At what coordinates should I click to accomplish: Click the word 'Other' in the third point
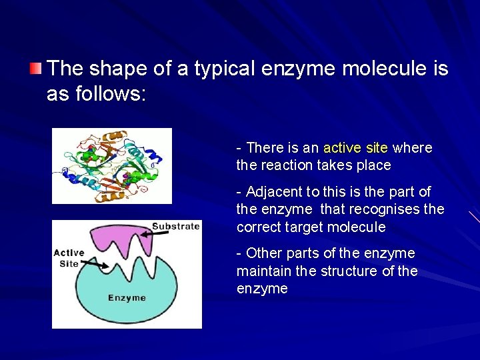[x=264, y=253]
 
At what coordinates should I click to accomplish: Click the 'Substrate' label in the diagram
[x=175, y=226]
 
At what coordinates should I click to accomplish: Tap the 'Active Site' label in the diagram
[x=69, y=258]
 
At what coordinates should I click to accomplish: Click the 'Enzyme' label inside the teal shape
[x=127, y=297]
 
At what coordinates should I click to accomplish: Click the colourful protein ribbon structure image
[x=111, y=166]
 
